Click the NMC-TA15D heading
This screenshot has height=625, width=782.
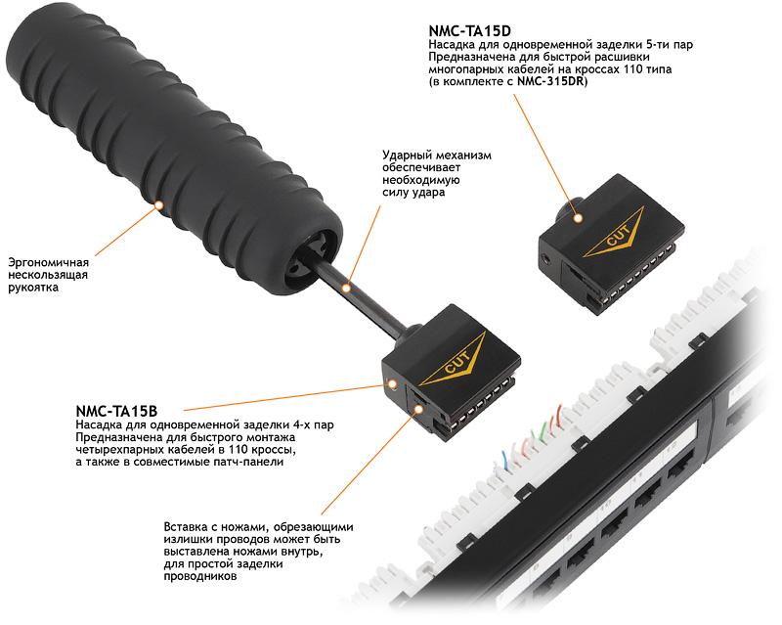pos(470,31)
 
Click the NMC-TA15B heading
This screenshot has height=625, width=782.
pos(116,411)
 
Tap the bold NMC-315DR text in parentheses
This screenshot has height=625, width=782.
pos(550,81)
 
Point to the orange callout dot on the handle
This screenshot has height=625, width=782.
pos(159,204)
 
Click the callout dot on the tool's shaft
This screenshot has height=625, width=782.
pos(345,288)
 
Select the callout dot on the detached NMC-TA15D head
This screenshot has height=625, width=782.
pos(578,218)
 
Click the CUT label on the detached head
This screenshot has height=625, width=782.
pos(618,235)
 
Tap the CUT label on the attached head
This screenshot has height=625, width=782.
pos(457,362)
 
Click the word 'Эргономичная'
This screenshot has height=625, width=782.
pos(48,262)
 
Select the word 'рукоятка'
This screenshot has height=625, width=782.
pos(33,287)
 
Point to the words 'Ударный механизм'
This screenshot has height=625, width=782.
pos(437,156)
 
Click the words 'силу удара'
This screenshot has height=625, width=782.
pos(413,192)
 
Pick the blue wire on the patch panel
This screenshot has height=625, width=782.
pos(505,461)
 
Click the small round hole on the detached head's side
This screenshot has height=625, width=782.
pos(546,259)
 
